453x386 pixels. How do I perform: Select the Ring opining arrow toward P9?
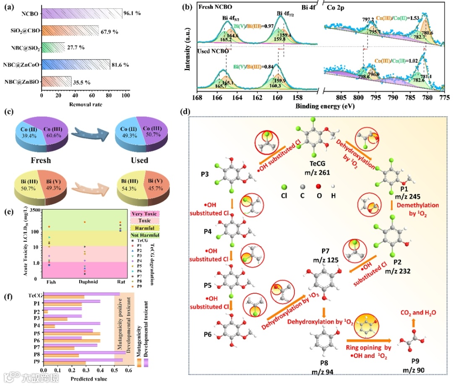pyautogui.click(x=368, y=341)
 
